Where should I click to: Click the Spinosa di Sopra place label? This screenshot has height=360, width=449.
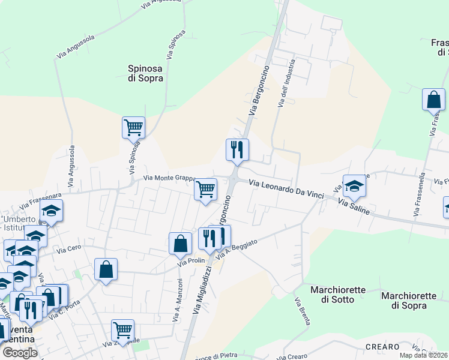145,73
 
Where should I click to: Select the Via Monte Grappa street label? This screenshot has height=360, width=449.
171,178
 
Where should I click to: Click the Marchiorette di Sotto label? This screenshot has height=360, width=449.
337,295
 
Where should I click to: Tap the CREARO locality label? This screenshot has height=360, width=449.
382,347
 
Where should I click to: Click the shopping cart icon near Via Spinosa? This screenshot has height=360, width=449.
133,127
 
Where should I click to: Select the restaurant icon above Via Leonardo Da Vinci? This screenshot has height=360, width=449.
237,149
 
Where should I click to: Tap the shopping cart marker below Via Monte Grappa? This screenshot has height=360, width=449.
206,189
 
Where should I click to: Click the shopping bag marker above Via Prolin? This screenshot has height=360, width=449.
180,243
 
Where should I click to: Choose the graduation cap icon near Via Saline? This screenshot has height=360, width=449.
354,186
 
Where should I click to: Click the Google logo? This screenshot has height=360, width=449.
20,353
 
